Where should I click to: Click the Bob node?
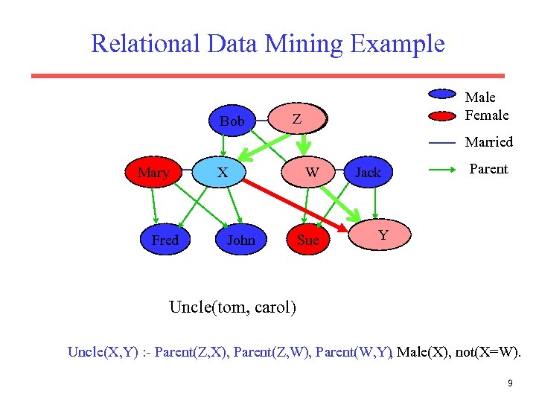[x=232, y=121]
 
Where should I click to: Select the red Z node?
[x=297, y=119]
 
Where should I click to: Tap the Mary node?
[x=153, y=173]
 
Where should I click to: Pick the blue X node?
[x=222, y=173]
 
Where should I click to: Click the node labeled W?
[x=313, y=173]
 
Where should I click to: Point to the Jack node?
[x=368, y=173]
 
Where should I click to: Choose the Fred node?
[x=165, y=240]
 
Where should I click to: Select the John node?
[x=240, y=240]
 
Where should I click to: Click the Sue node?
[x=307, y=240]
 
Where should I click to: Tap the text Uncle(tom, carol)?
[x=232, y=307]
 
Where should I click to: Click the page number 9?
[x=510, y=383]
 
